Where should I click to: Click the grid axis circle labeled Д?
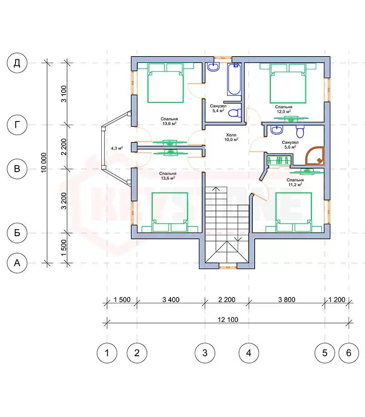pyautogui.click(x=17, y=63)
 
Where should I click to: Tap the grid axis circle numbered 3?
pyautogui.click(x=205, y=353)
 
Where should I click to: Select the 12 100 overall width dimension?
pyautogui.click(x=228, y=320)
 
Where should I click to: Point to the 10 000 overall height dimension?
pyautogui.click(x=44, y=163)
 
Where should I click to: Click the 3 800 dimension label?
pyautogui.click(x=287, y=300)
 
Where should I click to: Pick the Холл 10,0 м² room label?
pyautogui.click(x=231, y=137)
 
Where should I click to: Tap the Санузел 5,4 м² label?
pyautogui.click(x=218, y=108)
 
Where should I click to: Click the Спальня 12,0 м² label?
pyautogui.click(x=283, y=109)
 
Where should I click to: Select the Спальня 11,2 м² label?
pyautogui.click(x=295, y=182)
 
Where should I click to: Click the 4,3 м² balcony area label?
pyautogui.click(x=117, y=148)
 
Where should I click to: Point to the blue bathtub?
pyautogui.click(x=234, y=79)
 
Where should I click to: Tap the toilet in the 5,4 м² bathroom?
pyautogui.click(x=235, y=113)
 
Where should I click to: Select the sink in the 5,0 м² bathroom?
pyautogui.click(x=277, y=130)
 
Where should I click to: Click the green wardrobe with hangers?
pyautogui.click(x=279, y=161)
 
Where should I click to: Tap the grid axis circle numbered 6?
pyautogui.click(x=349, y=353)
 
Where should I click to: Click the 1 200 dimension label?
pyautogui.click(x=337, y=300)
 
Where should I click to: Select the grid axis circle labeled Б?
pyautogui.click(x=17, y=233)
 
